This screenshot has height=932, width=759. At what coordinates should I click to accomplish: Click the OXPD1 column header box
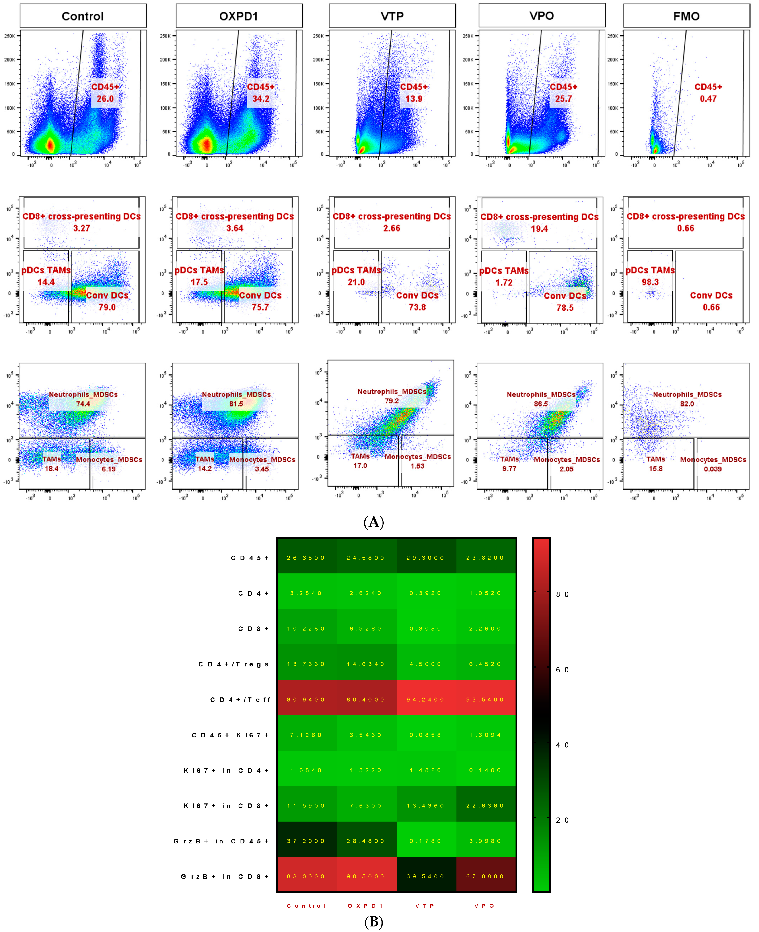239,16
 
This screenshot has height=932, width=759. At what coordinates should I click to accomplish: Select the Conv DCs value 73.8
417,307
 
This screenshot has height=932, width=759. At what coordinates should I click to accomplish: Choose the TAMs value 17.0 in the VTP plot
360,466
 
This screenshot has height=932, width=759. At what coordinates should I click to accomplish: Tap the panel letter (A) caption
374,522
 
